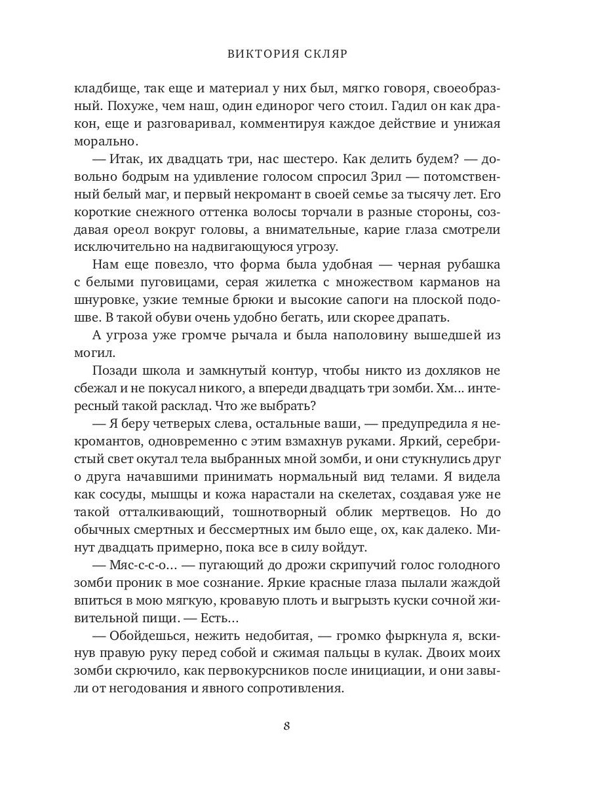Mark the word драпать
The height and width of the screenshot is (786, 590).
click(x=420, y=318)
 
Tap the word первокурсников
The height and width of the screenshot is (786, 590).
click(x=261, y=671)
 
